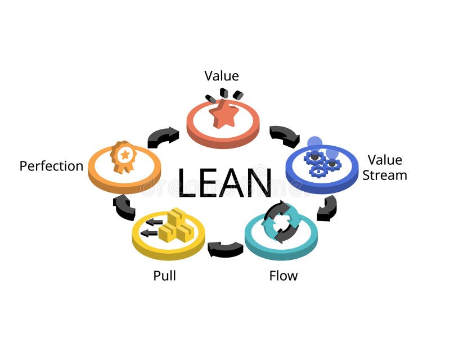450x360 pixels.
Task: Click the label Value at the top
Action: click(x=222, y=76)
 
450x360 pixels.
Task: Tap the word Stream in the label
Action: click(x=385, y=175)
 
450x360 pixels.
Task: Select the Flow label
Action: click(x=283, y=276)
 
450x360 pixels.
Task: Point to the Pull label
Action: click(x=165, y=276)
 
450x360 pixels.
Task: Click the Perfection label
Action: click(x=51, y=166)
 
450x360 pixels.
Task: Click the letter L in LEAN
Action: click(x=188, y=182)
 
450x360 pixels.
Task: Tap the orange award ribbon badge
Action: click(x=123, y=156)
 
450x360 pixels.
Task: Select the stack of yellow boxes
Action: click(x=175, y=225)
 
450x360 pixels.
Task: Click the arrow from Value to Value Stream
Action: click(x=284, y=136)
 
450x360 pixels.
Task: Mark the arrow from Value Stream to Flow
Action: click(x=327, y=208)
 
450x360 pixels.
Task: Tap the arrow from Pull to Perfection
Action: click(x=124, y=208)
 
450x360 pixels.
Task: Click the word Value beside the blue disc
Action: click(x=385, y=160)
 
